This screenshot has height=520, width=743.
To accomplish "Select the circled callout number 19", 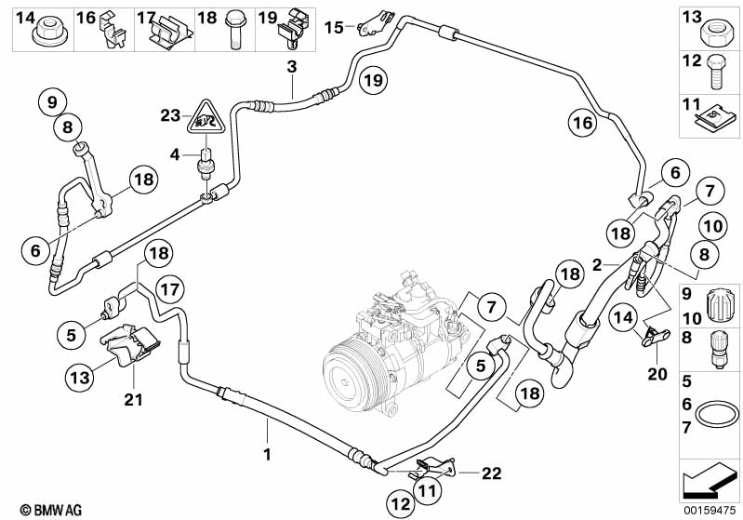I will coord(373,81).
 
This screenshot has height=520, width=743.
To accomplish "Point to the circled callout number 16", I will coord(581,122).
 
